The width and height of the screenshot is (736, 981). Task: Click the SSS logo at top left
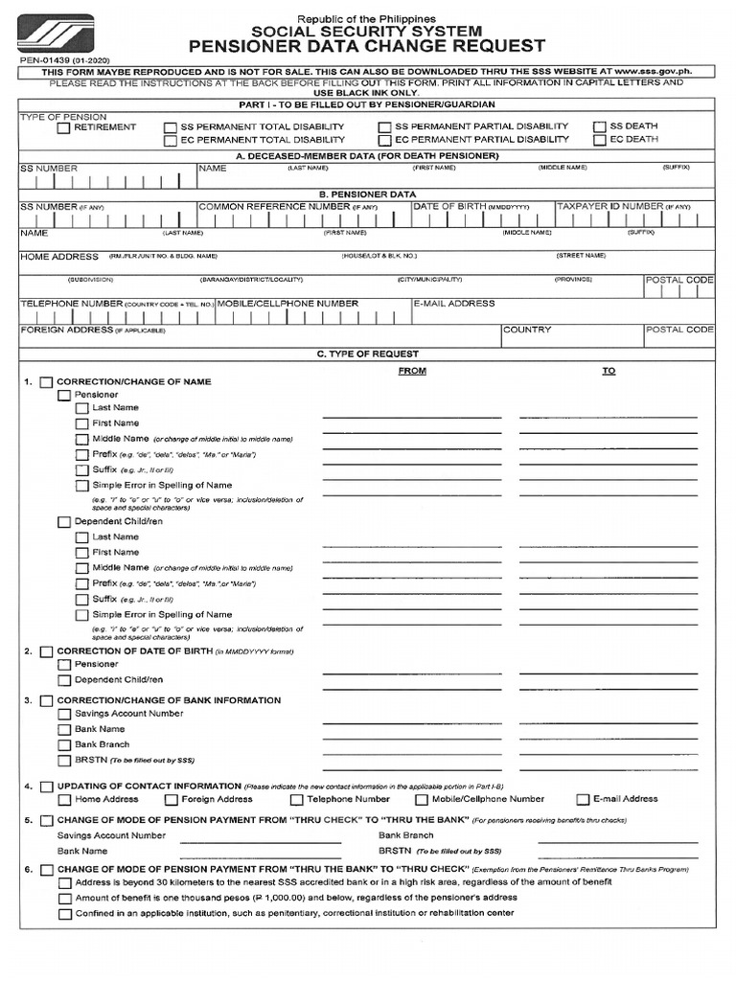tap(56, 35)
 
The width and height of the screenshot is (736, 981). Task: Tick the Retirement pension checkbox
tap(64, 127)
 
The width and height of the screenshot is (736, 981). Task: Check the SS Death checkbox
tap(601, 126)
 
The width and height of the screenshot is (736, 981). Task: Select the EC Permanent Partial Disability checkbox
tap(384, 140)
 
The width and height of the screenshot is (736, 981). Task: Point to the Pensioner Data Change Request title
tap(367, 46)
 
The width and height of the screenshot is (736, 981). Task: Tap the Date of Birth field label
tap(448, 206)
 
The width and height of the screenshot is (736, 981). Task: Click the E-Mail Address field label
tap(454, 304)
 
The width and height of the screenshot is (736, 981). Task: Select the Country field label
tap(527, 330)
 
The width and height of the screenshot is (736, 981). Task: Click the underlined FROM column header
tap(411, 371)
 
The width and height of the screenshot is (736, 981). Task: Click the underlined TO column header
tap(609, 371)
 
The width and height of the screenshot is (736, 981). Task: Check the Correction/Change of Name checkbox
tap(46, 382)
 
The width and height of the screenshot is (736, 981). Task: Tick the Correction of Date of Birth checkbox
tap(46, 651)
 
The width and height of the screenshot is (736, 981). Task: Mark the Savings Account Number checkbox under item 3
tap(64, 715)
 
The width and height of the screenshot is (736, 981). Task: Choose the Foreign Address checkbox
tap(172, 799)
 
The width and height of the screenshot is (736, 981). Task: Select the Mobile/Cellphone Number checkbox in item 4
tap(422, 799)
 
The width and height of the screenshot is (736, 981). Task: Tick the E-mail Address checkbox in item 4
tap(583, 799)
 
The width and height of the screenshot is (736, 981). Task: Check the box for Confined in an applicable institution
tap(64, 914)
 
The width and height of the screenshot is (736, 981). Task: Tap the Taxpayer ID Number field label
tap(610, 206)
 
